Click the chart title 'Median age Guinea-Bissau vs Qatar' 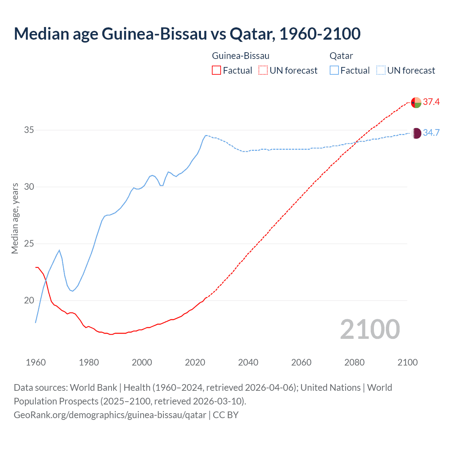click(x=187, y=34)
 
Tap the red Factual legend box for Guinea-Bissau click(x=216, y=71)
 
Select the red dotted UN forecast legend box click(x=263, y=71)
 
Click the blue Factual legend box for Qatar click(x=334, y=71)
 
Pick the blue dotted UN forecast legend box click(x=381, y=71)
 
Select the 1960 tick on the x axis click(x=36, y=362)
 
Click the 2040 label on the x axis click(x=248, y=362)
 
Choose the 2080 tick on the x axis click(x=354, y=362)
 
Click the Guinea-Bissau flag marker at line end click(x=416, y=102)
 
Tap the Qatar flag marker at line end click(x=416, y=133)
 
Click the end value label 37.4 click(x=431, y=102)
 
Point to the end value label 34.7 click(x=431, y=133)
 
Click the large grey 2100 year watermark click(x=370, y=329)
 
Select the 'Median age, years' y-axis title click(x=15, y=218)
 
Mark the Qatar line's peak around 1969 click(x=59, y=250)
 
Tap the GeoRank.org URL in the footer click(x=110, y=415)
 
